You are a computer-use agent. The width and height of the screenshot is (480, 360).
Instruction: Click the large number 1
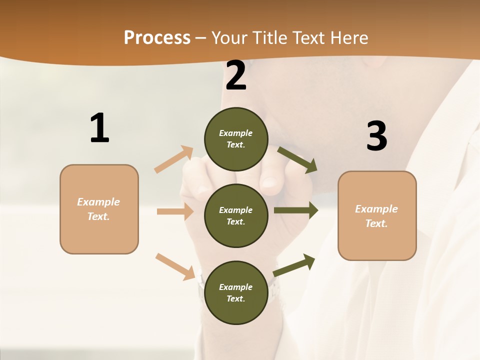99,128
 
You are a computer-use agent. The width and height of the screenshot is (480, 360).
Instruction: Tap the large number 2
236,75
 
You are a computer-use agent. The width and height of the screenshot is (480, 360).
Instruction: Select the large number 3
376,136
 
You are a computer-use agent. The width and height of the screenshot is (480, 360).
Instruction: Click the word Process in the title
157,37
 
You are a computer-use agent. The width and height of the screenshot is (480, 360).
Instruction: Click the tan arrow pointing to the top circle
174,159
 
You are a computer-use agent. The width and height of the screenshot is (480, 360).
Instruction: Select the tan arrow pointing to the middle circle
175,211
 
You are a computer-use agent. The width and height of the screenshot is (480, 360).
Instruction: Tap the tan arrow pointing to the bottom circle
175,266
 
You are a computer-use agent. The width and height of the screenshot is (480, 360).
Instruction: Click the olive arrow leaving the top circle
297,159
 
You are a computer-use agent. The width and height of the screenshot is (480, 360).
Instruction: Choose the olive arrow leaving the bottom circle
294,264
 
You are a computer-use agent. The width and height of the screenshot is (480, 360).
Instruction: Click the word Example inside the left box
98,202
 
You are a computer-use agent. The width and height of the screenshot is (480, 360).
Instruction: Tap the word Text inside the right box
376,223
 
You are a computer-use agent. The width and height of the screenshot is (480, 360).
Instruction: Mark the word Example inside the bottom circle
235,287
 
